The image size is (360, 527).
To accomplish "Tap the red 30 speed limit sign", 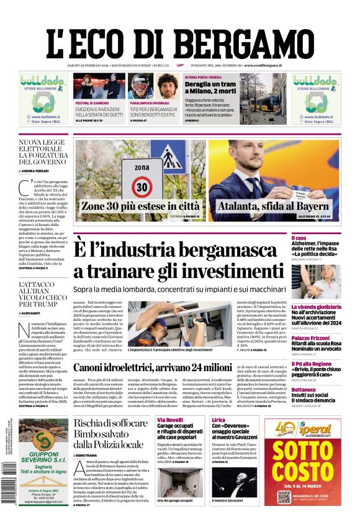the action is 143,186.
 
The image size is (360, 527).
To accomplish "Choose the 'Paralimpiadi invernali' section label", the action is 149,102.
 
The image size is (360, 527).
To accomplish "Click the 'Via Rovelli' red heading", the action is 169,420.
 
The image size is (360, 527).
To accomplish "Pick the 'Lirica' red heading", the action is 218,420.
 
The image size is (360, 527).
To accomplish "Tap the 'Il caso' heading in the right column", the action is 316,238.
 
